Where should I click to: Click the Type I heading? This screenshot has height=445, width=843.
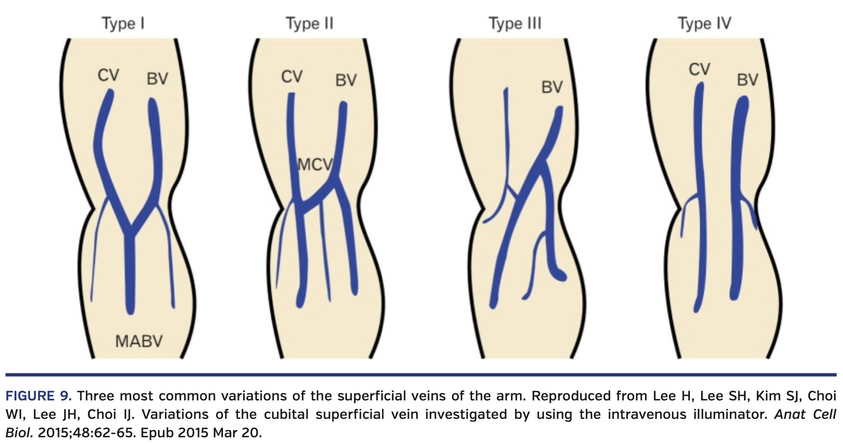[123, 23]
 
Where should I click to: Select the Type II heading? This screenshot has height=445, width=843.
[309, 23]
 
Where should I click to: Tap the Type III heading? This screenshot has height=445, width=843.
[515, 23]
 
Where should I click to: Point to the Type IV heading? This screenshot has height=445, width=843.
[704, 23]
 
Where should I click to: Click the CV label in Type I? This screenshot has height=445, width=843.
[108, 75]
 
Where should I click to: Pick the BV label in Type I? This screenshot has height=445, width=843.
[157, 79]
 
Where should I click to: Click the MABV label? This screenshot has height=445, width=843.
[139, 341]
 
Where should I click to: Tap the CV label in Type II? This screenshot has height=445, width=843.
[292, 77]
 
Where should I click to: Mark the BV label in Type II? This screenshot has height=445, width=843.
[346, 80]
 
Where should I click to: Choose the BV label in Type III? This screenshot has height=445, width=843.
[552, 87]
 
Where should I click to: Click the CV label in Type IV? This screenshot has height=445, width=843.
[699, 69]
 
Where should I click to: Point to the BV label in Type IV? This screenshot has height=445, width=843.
[747, 80]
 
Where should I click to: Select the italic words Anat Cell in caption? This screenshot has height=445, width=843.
[805, 414]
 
